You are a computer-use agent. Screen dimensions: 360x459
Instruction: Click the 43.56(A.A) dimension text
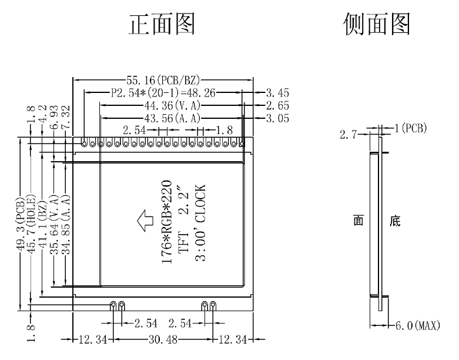[173, 119]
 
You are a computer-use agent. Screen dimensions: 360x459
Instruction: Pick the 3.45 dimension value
[277, 92]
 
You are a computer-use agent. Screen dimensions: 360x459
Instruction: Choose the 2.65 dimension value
[277, 106]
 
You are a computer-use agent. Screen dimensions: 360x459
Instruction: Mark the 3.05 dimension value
[277, 119]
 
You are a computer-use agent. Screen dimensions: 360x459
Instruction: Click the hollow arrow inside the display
[144, 222]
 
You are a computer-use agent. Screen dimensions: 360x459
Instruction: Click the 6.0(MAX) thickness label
[416, 325]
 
